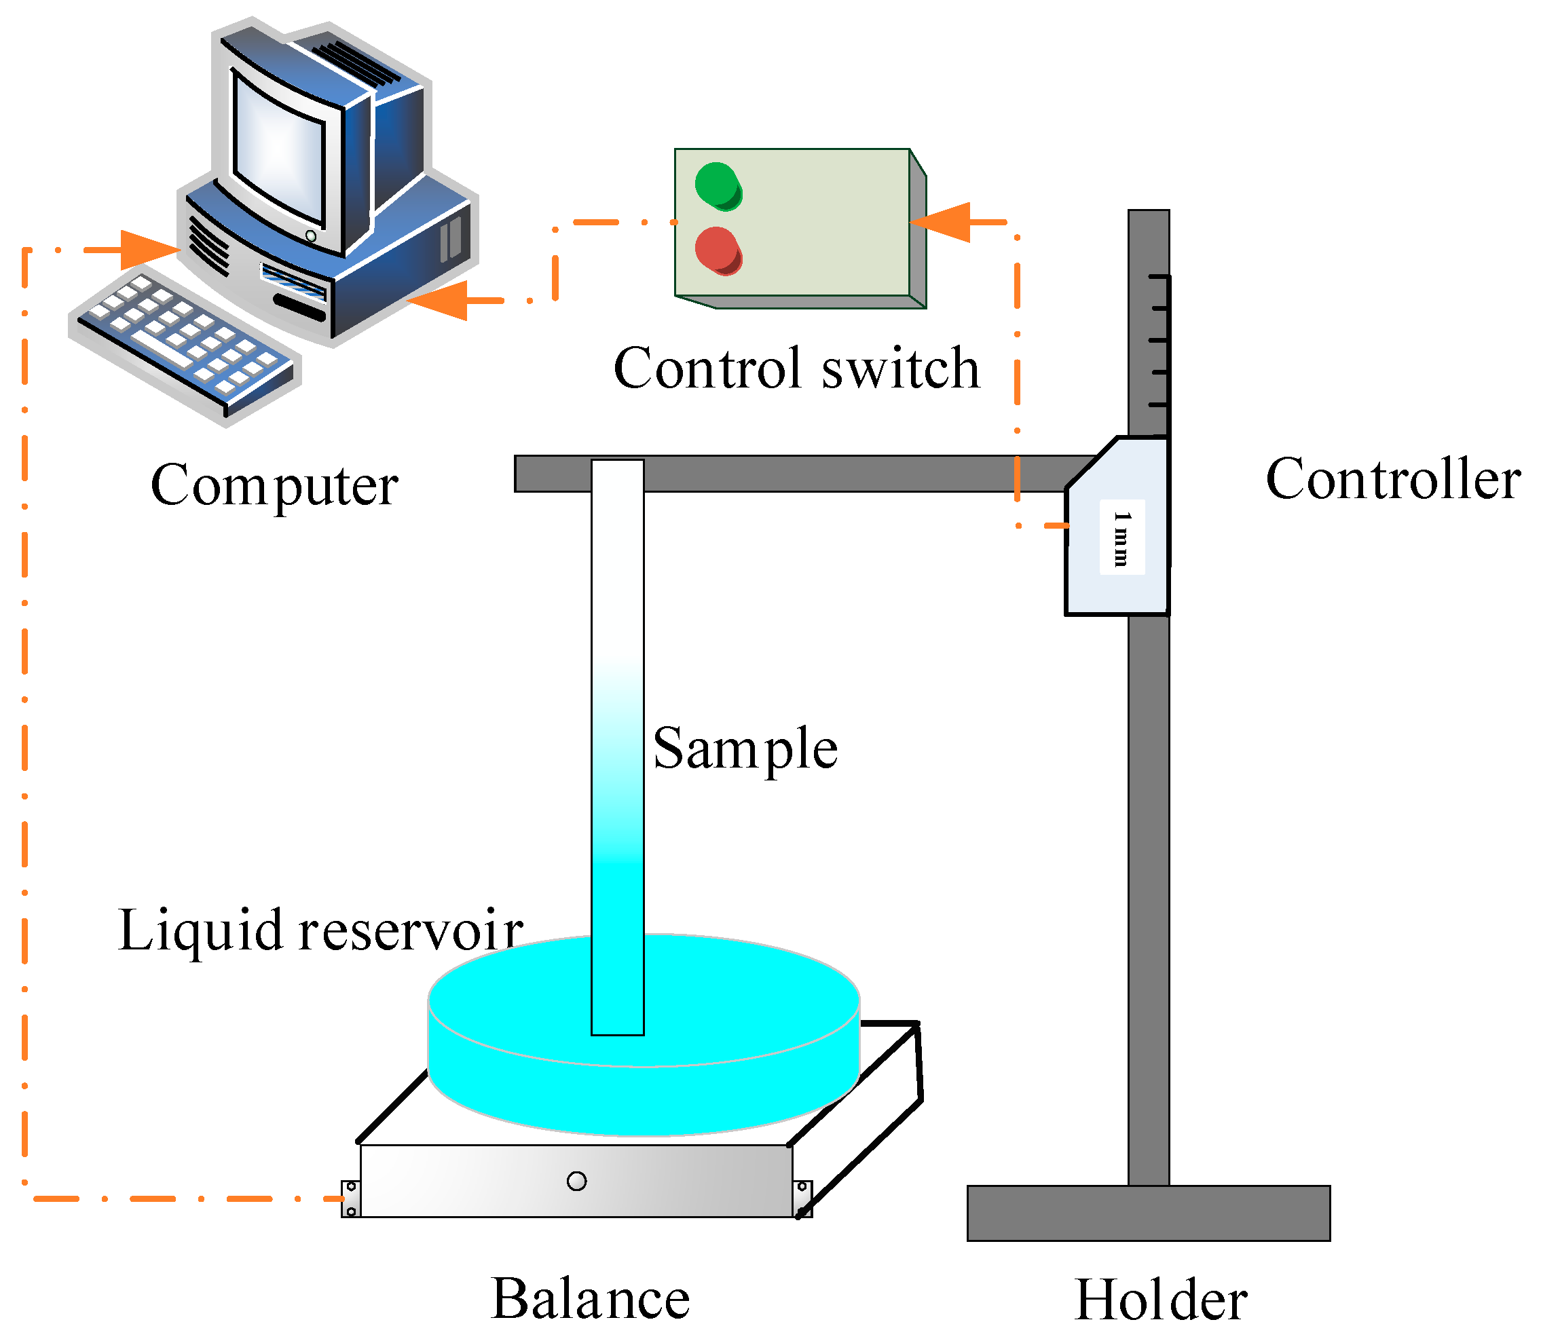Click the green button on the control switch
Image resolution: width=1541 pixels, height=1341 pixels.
pyautogui.click(x=718, y=185)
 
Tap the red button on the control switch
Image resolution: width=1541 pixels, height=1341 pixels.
pyautogui.click(x=718, y=250)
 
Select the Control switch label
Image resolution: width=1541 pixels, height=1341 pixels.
pyautogui.click(x=796, y=369)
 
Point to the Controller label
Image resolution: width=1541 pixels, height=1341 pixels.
pyautogui.click(x=1392, y=478)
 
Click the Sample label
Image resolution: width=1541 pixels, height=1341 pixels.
pyautogui.click(x=745, y=749)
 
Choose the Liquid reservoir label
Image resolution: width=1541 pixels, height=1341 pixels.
pyautogui.click(x=320, y=930)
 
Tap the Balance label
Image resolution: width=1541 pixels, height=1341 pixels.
pyautogui.click(x=590, y=1298)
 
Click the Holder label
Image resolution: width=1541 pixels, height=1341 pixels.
pyautogui.click(x=1161, y=1300)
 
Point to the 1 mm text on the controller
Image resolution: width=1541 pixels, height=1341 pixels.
pyautogui.click(x=1121, y=537)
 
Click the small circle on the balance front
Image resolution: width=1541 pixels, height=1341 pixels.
pyautogui.click(x=576, y=1181)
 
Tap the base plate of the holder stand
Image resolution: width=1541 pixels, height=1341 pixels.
pyautogui.click(x=1148, y=1213)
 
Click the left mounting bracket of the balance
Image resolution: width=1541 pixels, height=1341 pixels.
pyautogui.click(x=350, y=1198)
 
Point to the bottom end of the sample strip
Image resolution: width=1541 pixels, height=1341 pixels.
pyautogui.click(x=618, y=1034)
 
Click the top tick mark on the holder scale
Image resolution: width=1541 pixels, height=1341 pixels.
pyautogui.click(x=1159, y=277)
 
